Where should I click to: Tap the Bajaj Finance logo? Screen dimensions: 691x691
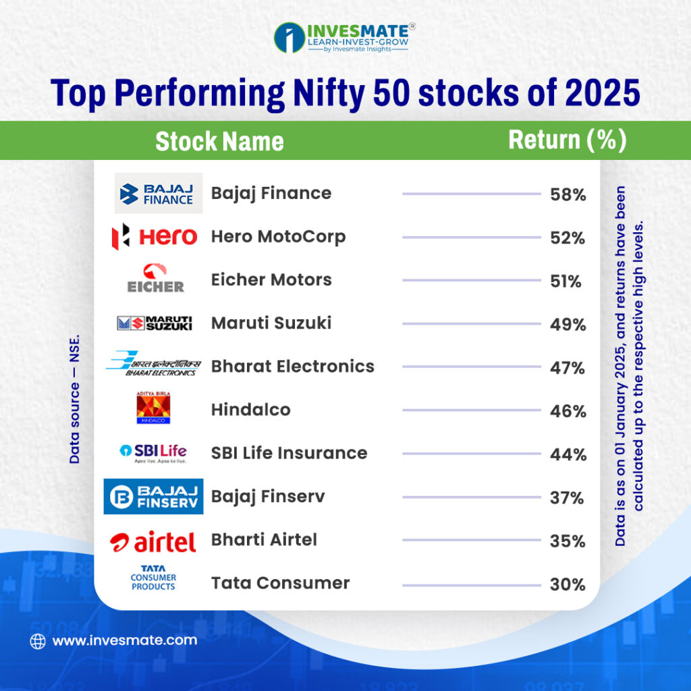coord(159,194)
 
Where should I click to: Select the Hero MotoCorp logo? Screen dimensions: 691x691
coord(155,237)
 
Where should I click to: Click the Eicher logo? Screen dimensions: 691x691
coord(155,279)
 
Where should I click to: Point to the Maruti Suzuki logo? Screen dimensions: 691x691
coord(155,323)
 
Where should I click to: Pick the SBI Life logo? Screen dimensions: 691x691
coord(153,452)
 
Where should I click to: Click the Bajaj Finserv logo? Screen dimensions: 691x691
coord(153,497)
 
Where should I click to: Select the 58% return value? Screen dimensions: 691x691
coord(568,196)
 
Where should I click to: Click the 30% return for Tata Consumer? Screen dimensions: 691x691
coord(568,584)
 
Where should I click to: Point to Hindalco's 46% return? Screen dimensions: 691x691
coord(568,411)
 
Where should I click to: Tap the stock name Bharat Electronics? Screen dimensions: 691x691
coord(292,366)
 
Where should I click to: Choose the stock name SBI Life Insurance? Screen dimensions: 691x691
coord(289,453)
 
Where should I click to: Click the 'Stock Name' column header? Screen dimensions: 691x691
coord(219,142)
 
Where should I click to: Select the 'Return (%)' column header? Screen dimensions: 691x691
coord(567,140)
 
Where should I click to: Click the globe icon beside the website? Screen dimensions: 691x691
coord(38,641)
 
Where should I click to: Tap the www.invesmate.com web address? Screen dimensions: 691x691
coord(125,640)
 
